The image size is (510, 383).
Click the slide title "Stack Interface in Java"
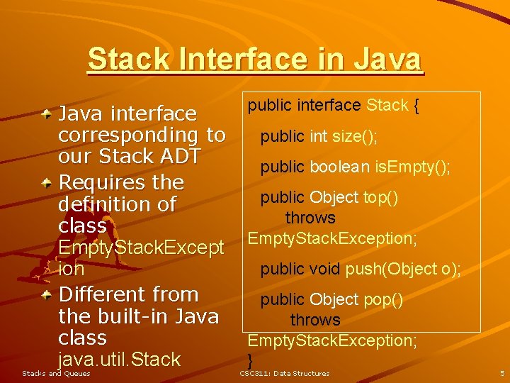pyautogui.click(x=255, y=59)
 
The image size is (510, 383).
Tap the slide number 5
pyautogui.click(x=501, y=373)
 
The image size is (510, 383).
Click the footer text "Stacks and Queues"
pyautogui.click(x=57, y=373)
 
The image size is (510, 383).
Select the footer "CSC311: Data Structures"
pyautogui.click(x=285, y=373)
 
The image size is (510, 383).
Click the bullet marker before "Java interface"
pyautogui.click(x=46, y=113)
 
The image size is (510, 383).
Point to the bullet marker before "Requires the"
pyautogui.click(x=46, y=183)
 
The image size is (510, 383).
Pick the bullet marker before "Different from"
pyautogui.click(x=46, y=294)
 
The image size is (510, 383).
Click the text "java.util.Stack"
pyautogui.click(x=119, y=360)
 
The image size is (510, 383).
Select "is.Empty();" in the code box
pyautogui.click(x=413, y=167)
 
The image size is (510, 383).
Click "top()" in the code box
pyautogui.click(x=380, y=197)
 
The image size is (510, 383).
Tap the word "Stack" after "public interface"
pyautogui.click(x=387, y=106)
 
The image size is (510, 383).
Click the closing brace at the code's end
pyautogui.click(x=250, y=360)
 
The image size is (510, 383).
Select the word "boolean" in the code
pyautogui.click(x=339, y=167)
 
